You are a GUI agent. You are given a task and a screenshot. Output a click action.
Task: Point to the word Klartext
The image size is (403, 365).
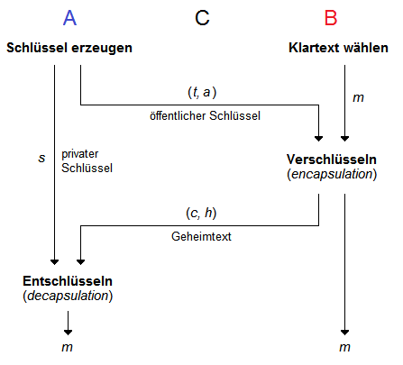[x=315, y=47]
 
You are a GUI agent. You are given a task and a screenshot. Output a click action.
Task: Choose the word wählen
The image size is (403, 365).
[x=367, y=47]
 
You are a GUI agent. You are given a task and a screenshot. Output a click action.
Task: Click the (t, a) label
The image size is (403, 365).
[x=203, y=91]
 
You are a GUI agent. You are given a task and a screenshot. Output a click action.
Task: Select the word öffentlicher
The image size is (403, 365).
[x=177, y=115]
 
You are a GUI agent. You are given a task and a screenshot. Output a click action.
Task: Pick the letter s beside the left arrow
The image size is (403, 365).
[x=41, y=158]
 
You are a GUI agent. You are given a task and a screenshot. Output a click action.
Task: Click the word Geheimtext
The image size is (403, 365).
[x=200, y=236]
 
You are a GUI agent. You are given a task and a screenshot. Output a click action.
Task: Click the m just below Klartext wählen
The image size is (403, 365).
[x=357, y=95]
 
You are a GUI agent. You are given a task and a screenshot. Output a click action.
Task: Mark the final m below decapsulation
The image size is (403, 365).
[x=68, y=346]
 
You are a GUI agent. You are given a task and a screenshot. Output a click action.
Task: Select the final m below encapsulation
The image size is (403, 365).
[x=343, y=346]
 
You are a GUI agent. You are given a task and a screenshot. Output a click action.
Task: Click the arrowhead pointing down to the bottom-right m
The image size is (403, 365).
[x=343, y=328]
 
